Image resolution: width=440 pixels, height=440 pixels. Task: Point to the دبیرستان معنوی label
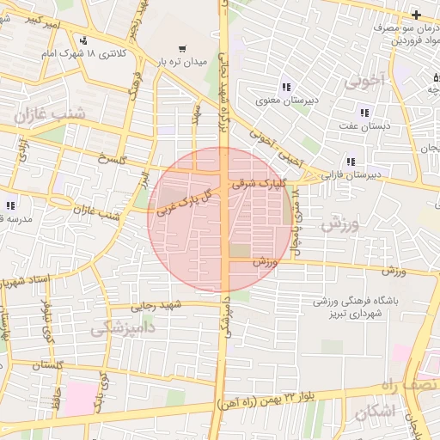coord(284,101)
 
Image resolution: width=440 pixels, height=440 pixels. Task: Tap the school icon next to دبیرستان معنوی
coord(285,87)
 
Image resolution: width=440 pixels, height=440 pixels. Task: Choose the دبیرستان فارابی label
coord(350,174)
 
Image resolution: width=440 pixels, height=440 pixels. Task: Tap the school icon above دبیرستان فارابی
coord(351,161)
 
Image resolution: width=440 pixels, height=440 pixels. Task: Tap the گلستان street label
coord(48,365)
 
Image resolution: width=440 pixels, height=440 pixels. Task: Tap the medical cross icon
coord(416,14)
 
